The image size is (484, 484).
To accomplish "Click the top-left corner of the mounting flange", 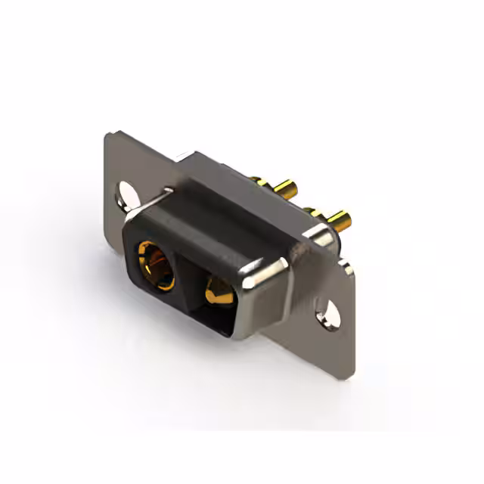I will [x=107, y=134].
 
